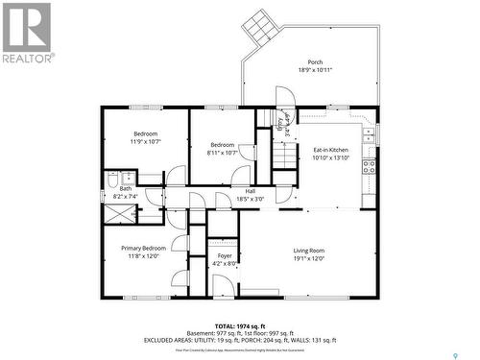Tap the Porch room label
click(315, 61)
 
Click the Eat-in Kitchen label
click(331, 150)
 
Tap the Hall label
click(250, 191)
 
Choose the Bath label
click(125, 188)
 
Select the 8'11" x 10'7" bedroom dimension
click(222, 152)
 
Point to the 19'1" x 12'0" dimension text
click(309, 258)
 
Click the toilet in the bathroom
click(113, 179)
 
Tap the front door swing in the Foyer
click(223, 284)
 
